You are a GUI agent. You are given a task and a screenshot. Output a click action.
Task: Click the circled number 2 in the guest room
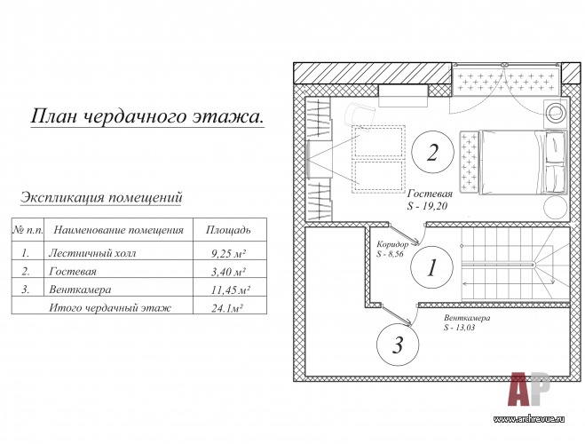tap(432, 152)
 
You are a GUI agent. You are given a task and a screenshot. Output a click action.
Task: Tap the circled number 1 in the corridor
tap(431, 267)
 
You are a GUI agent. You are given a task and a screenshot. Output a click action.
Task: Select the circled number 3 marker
tap(398, 344)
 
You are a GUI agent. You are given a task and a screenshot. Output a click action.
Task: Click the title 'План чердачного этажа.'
tap(147, 116)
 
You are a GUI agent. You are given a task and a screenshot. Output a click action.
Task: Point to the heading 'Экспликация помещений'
tap(101, 197)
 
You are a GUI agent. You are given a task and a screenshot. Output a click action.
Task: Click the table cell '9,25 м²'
tap(228, 254)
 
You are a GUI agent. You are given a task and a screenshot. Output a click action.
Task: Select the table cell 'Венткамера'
tap(80, 289)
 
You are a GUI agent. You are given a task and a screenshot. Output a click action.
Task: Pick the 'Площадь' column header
tap(228, 230)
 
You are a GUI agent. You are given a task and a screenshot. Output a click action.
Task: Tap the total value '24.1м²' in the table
tap(227, 308)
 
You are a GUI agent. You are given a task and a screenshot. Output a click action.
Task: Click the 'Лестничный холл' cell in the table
tap(92, 253)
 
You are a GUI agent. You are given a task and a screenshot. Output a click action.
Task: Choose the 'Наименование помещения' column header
tap(119, 230)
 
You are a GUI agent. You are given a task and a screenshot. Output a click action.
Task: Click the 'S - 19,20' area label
tap(427, 206)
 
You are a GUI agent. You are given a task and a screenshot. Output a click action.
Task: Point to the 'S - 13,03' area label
tap(459, 328)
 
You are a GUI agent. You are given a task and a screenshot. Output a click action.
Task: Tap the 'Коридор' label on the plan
tap(392, 245)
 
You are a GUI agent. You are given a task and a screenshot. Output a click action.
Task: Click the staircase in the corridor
tap(516, 264)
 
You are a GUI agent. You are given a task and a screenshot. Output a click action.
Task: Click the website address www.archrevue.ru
tap(529, 419)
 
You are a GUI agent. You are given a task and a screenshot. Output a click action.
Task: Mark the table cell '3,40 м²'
tap(228, 272)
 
